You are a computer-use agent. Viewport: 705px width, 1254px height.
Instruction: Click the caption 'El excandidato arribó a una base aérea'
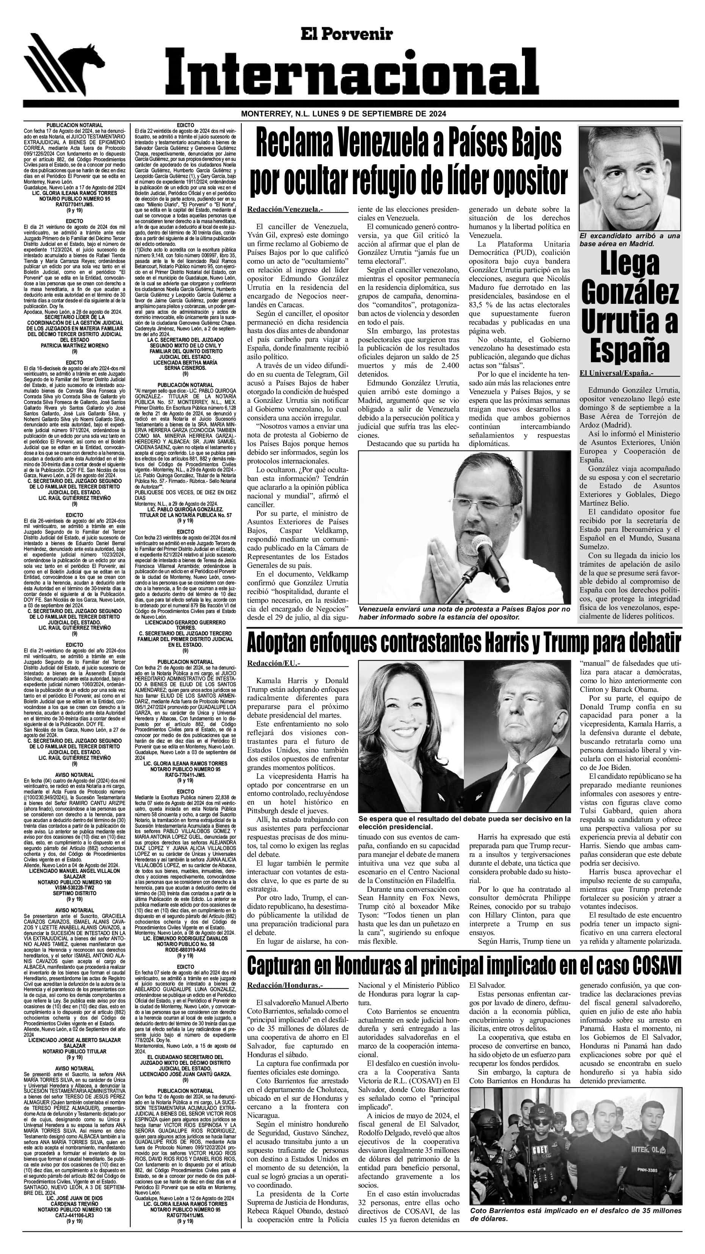(629, 240)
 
